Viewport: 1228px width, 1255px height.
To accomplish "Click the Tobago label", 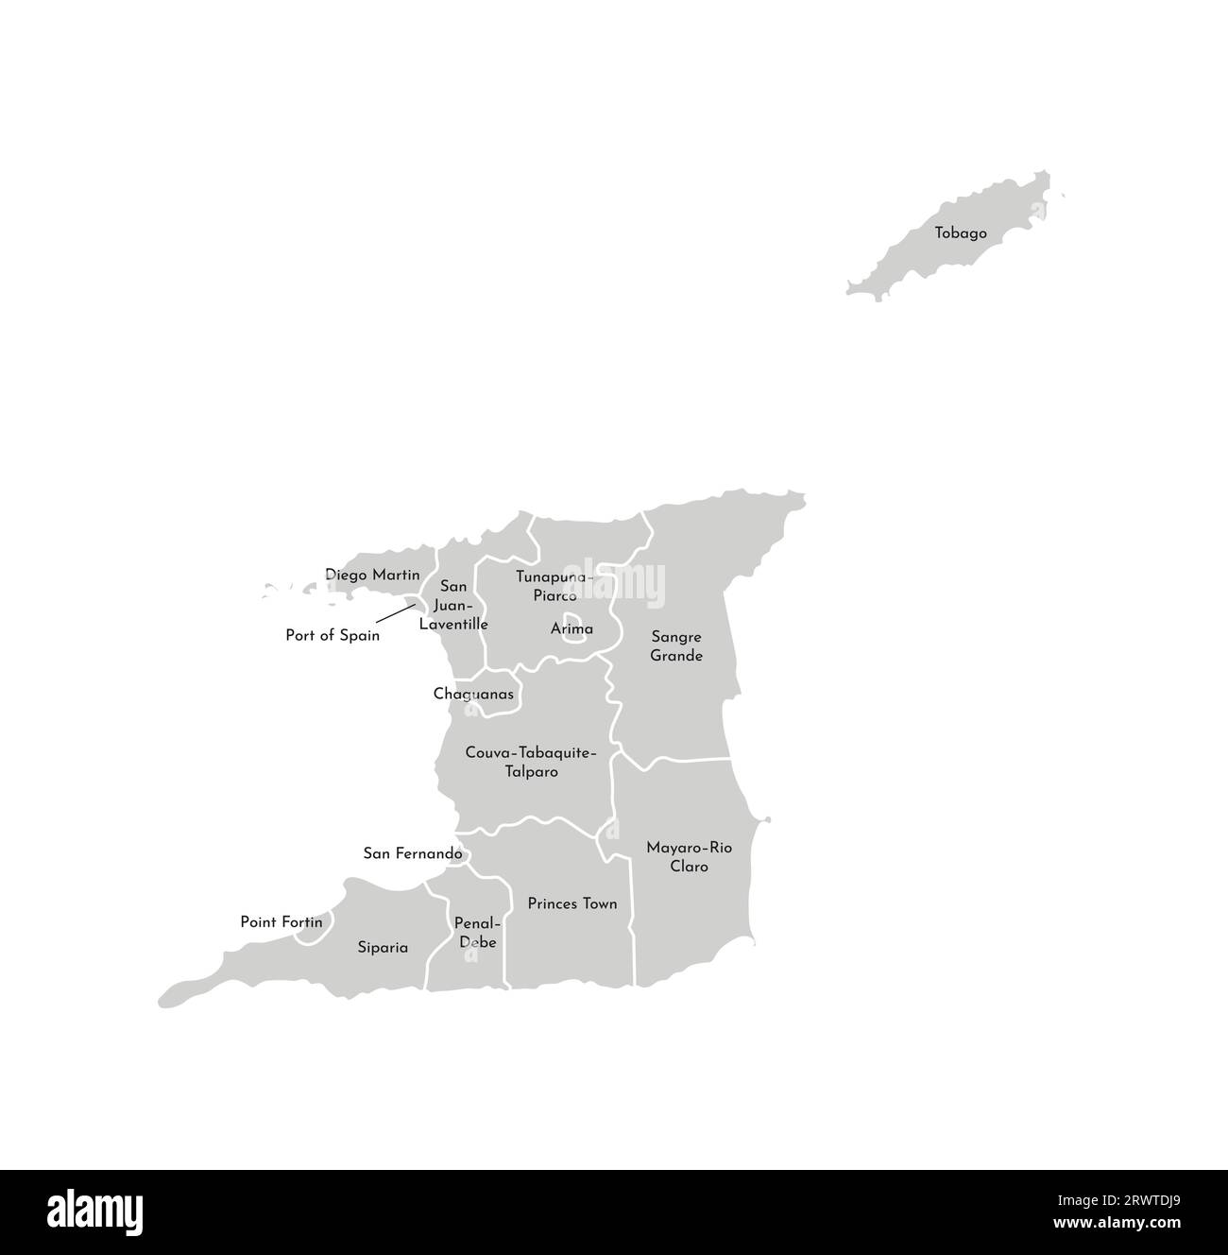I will pyautogui.click(x=961, y=232).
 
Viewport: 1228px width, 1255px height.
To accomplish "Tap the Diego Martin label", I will pyautogui.click(x=372, y=575).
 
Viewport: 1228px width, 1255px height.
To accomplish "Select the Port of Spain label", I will pyautogui.click(x=333, y=636).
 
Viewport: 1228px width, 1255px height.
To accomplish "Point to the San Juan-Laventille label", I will pyautogui.click(x=453, y=606).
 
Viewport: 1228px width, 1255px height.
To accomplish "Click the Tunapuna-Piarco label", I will pyautogui.click(x=554, y=585).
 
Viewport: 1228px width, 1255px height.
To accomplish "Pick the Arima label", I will pyautogui.click(x=572, y=628).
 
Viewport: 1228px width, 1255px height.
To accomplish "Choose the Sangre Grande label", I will pyautogui.click(x=676, y=646).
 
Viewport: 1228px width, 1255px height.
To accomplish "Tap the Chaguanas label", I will pyautogui.click(x=473, y=695).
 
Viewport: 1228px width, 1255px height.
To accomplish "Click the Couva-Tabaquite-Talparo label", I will pyautogui.click(x=531, y=762).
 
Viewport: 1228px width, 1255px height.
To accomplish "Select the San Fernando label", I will pyautogui.click(x=413, y=853).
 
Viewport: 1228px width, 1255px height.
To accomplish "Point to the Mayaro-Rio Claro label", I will pyautogui.click(x=689, y=856).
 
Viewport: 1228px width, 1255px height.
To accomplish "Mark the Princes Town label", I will pyautogui.click(x=572, y=903).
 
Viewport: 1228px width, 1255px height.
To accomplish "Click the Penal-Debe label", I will pyautogui.click(x=477, y=932).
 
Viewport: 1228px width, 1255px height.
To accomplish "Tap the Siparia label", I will pyautogui.click(x=383, y=947).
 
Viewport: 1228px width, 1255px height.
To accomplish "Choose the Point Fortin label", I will pyautogui.click(x=281, y=922).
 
